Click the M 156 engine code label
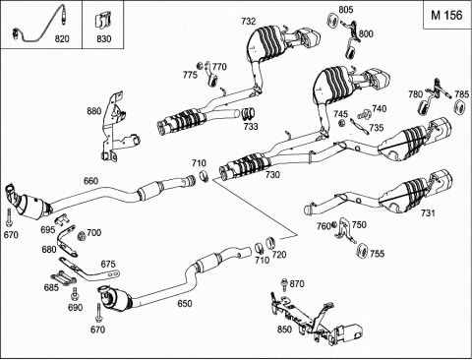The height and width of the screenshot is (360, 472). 446,15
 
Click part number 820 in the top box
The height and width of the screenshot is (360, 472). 62,39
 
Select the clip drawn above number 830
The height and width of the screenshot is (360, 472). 102,22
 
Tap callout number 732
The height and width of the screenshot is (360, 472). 248,22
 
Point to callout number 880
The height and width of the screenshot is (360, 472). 94,111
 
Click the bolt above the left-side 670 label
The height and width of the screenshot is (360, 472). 8,218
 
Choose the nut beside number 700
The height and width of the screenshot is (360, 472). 82,235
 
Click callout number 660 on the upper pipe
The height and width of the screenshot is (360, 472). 90,181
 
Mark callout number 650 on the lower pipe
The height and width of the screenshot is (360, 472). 185,304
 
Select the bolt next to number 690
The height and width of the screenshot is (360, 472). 75,294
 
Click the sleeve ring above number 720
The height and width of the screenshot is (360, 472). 270,242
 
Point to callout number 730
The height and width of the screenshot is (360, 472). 272,175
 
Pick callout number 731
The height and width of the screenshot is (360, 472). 428,213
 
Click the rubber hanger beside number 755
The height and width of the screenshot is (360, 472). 362,251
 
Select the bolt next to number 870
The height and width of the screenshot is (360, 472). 284,284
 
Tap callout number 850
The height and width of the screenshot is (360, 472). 284,330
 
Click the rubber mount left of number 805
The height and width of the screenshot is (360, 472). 333,21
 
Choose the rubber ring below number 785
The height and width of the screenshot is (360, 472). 461,107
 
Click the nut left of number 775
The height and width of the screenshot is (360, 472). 199,66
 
